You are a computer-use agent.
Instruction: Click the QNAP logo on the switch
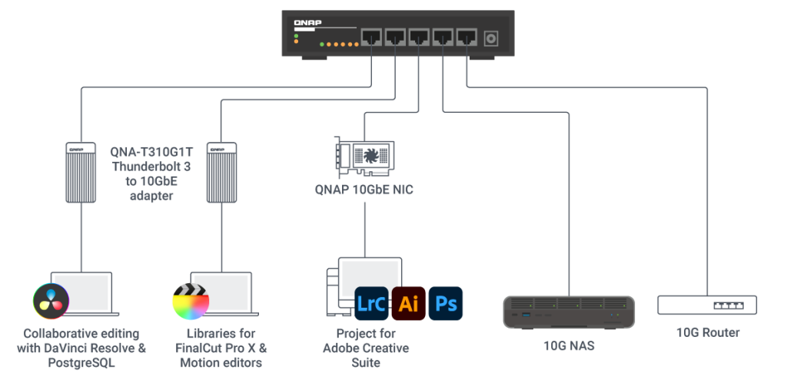pyautogui.click(x=307, y=22)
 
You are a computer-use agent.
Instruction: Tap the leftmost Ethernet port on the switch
pyautogui.click(x=373, y=37)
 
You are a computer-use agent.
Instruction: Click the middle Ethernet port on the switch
pyautogui.click(x=420, y=37)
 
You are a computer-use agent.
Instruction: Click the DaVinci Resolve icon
pyautogui.click(x=51, y=301)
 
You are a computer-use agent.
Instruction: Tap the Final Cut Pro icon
pyautogui.click(x=191, y=302)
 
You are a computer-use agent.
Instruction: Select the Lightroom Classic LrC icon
pyautogui.click(x=372, y=303)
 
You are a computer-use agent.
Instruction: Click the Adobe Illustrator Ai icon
pyautogui.click(x=409, y=303)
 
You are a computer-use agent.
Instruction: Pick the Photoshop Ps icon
pyautogui.click(x=446, y=303)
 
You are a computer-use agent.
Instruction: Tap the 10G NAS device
pyautogui.click(x=569, y=312)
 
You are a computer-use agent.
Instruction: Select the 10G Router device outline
pyautogui.click(x=707, y=305)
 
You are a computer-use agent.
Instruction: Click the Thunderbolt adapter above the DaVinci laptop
pyautogui.click(x=81, y=171)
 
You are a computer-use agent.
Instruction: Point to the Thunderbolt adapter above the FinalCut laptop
pyautogui.click(x=221, y=171)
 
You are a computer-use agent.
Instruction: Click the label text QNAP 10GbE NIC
pyautogui.click(x=364, y=190)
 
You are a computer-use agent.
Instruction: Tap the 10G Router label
pyautogui.click(x=707, y=333)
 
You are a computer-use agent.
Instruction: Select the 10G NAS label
pyautogui.click(x=569, y=346)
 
